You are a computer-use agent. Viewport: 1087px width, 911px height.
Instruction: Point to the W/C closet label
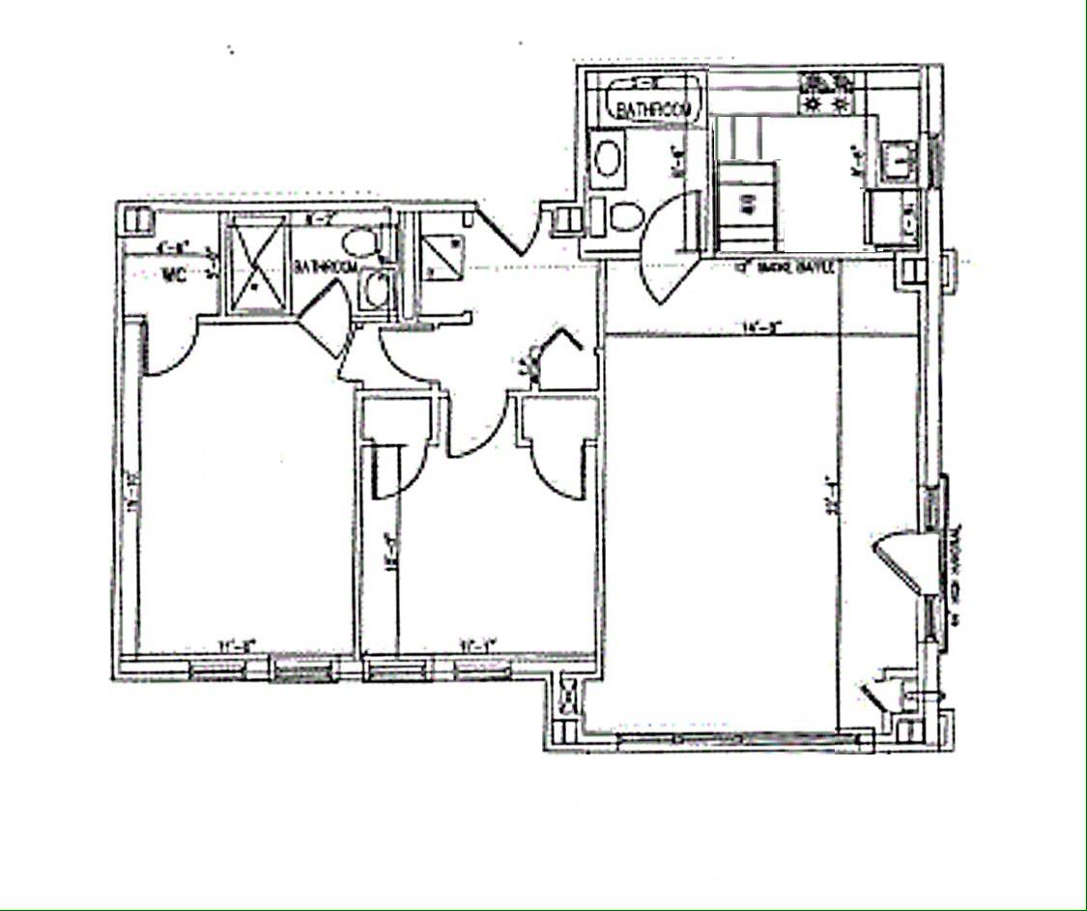pos(174,275)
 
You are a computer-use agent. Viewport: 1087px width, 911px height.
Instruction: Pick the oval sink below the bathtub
pos(606,157)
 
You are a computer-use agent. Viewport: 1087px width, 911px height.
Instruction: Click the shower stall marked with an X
pos(255,263)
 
